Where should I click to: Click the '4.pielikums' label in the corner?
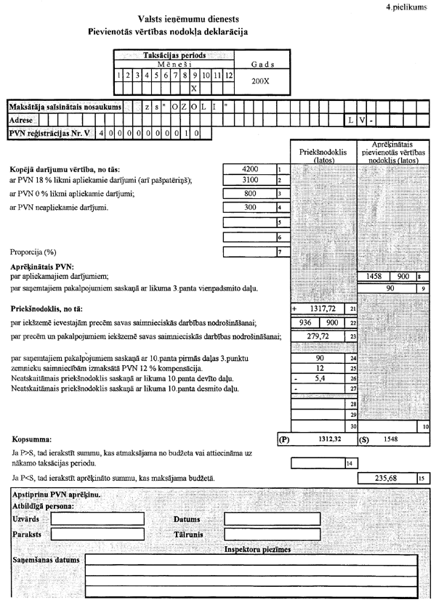(x=408, y=6)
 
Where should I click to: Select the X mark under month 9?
(x=194, y=88)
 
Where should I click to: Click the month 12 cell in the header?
(x=229, y=74)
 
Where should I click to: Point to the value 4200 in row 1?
(x=249, y=169)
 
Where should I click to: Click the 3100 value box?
(x=249, y=179)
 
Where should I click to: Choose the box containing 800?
(x=249, y=194)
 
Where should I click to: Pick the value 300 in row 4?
(x=249, y=208)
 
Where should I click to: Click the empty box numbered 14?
(x=316, y=463)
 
